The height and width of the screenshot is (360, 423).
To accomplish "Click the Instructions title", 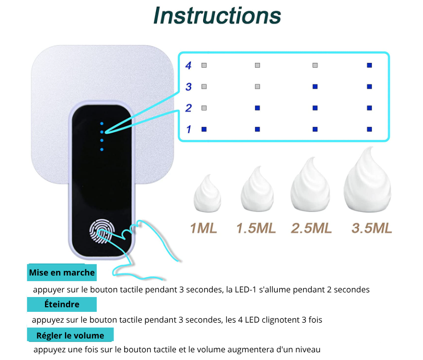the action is [x=217, y=16].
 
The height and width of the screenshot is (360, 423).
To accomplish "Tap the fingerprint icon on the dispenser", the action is [x=102, y=231].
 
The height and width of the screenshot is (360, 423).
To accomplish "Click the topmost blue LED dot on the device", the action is [x=102, y=123].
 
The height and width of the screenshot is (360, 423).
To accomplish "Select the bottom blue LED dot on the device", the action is [x=102, y=150].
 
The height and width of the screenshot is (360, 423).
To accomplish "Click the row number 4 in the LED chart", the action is [x=188, y=66].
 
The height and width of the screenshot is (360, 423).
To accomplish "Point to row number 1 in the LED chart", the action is [x=189, y=130].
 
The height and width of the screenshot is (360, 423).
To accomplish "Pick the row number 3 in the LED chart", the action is [x=188, y=87].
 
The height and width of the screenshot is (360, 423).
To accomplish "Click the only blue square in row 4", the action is [x=369, y=65].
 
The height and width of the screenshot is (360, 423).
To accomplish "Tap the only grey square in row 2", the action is [x=204, y=108].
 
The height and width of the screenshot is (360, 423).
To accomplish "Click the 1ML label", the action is [x=204, y=228].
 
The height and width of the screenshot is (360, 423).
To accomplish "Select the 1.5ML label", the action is [x=256, y=228].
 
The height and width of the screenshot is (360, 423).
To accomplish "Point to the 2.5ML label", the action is [x=311, y=228].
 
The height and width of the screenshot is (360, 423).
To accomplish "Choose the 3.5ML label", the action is [x=372, y=228].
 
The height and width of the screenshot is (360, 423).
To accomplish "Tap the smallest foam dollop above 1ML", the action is [x=207, y=194].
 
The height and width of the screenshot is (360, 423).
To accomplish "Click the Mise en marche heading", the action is [x=62, y=272].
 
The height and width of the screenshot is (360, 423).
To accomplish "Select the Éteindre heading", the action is [x=62, y=304].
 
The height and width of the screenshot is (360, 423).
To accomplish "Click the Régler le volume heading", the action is [x=70, y=335].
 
